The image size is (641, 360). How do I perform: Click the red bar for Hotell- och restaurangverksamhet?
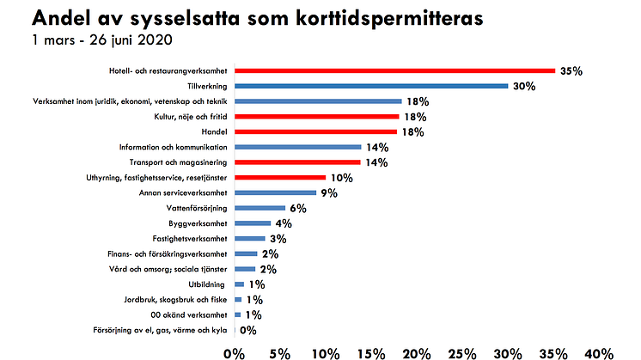click(394, 70)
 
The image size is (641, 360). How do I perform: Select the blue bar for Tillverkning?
click(371, 86)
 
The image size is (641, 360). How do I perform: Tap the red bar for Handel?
click(315, 131)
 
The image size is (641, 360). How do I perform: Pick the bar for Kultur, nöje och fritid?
click(316, 116)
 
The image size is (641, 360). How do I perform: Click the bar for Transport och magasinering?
click(297, 162)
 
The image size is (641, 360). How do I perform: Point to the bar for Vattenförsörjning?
click(259, 208)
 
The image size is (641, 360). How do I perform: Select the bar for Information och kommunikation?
click(297, 147)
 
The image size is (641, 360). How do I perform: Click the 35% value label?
click(571, 71)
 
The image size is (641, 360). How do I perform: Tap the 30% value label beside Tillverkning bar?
click(524, 86)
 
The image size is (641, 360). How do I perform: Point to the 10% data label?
click(341, 178)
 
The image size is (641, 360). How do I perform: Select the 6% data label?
click(297, 208)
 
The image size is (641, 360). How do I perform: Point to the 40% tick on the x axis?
click(598, 351)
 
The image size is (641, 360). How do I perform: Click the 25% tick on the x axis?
click(461, 351)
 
